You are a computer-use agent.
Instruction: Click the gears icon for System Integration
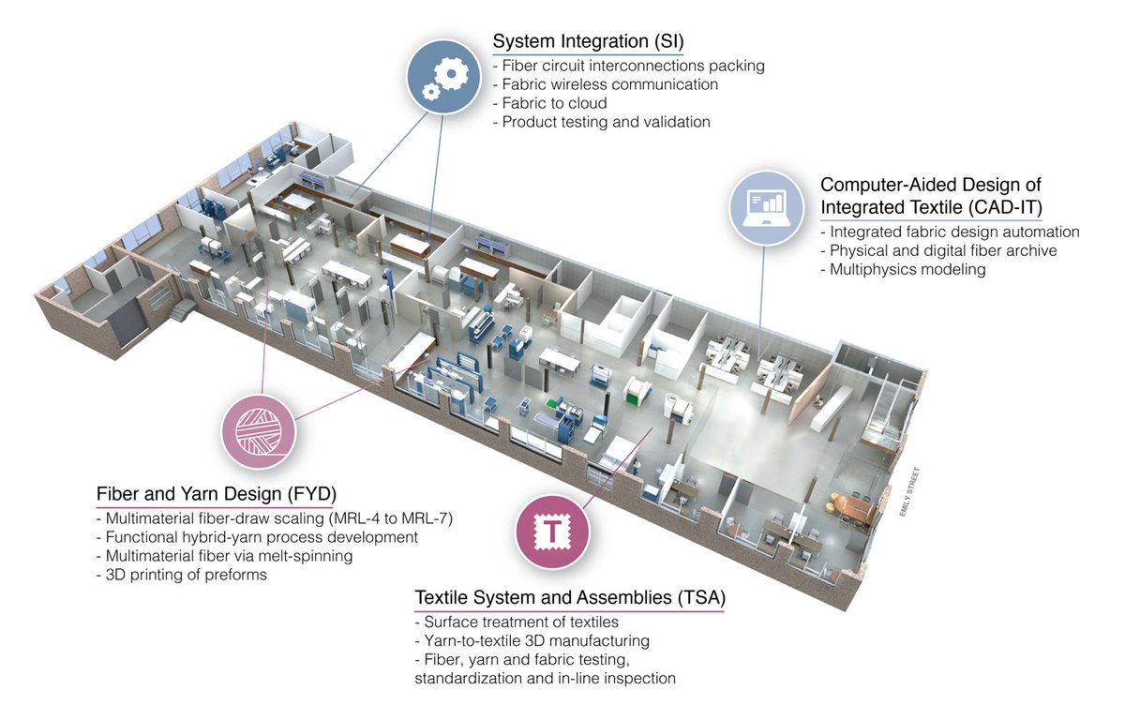click(443, 77)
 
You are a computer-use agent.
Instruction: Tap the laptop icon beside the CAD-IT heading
click(767, 208)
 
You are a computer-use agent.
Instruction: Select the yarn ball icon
click(259, 432)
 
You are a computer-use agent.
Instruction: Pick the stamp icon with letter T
click(552, 532)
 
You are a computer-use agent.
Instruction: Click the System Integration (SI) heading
click(588, 41)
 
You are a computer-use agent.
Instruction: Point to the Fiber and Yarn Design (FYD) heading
click(217, 493)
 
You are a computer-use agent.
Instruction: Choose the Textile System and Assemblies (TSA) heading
click(570, 597)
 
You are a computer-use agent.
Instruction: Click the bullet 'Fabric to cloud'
click(550, 103)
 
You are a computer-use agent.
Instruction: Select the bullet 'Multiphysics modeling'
click(903, 269)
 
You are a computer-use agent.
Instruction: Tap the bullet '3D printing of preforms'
click(181, 575)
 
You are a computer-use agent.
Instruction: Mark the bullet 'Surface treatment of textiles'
click(517, 622)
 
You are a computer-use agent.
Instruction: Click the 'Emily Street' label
click(909, 492)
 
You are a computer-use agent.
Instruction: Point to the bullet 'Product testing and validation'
click(602, 122)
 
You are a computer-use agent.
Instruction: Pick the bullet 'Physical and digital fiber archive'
click(938, 250)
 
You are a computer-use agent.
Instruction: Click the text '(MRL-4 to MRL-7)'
click(390, 518)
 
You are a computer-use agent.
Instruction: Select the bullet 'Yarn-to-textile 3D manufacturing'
click(532, 640)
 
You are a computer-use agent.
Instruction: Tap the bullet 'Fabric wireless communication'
click(606, 84)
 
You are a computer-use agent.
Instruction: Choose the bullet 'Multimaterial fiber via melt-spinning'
click(224, 556)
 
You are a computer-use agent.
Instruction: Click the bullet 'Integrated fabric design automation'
click(951, 232)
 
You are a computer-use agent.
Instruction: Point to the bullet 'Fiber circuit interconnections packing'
click(629, 66)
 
